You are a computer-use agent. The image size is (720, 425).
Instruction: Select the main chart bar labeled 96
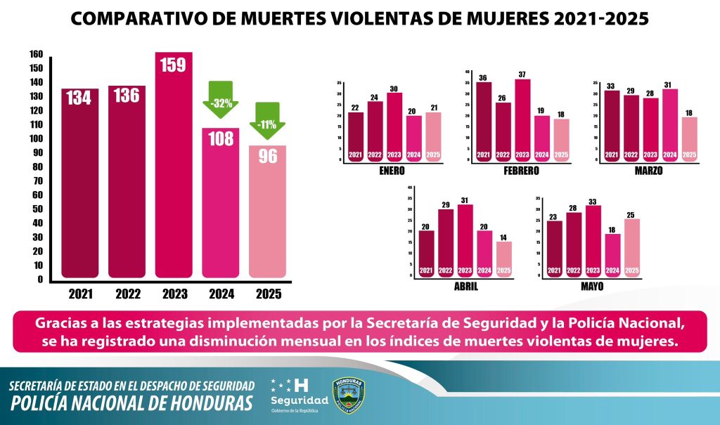(x=266, y=211)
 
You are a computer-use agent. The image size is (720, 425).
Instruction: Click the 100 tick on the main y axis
(x=35, y=138)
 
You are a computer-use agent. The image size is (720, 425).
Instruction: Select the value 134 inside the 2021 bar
(x=79, y=98)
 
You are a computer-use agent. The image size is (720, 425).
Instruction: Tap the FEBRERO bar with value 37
(x=522, y=119)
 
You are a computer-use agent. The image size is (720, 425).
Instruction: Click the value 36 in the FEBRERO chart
(x=482, y=77)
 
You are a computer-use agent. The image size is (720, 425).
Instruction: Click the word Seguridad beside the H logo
(x=300, y=400)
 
